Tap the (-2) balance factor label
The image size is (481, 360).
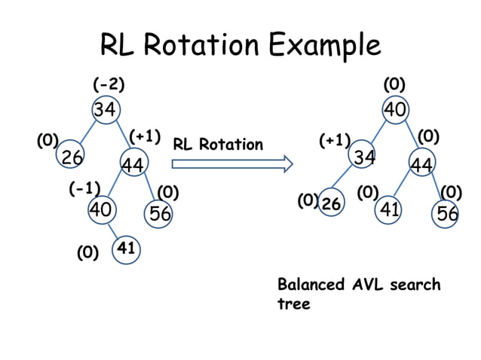[109, 84]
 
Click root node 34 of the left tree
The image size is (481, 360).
[105, 110]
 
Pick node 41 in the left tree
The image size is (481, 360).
[126, 248]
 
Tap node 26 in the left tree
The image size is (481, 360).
[72, 157]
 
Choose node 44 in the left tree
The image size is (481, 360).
[135, 164]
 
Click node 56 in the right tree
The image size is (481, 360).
[447, 214]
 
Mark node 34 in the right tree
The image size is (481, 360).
[365, 157]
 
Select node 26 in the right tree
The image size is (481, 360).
[331, 203]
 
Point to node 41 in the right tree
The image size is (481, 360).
[388, 209]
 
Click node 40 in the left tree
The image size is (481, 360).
[101, 209]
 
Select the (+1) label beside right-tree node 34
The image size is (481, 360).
[335, 140]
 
